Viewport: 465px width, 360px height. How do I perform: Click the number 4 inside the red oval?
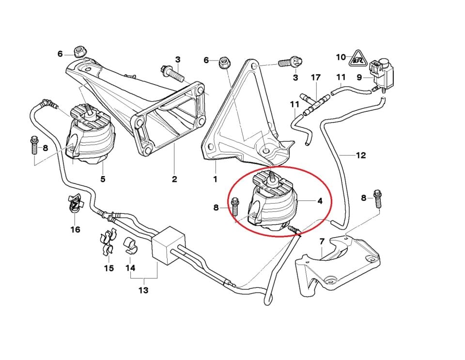319,201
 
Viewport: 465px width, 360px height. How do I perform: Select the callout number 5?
103,179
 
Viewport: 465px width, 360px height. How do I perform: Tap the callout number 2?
174,179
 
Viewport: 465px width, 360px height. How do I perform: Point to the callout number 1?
216,179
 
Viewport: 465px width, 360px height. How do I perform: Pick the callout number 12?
360,155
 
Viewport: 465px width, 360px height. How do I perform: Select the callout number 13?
143,290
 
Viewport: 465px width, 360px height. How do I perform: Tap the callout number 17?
316,77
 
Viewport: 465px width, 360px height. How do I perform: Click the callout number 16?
76,229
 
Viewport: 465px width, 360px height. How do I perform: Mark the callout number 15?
109,268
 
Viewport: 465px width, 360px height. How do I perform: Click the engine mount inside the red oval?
274,203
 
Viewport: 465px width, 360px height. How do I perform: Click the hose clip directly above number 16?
74,205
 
